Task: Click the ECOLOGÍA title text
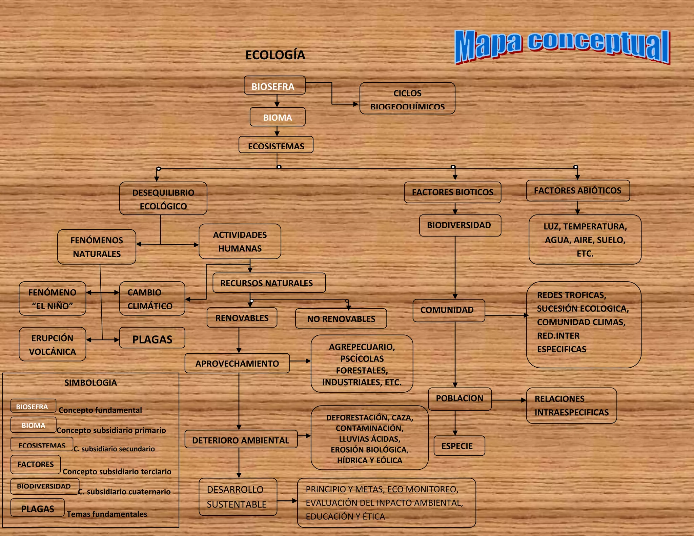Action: tap(275, 55)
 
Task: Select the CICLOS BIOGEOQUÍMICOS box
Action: tap(407, 99)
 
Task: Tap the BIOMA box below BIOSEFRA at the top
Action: tap(278, 117)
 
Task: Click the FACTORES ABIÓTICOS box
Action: tap(578, 190)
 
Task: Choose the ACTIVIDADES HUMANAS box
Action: tap(240, 241)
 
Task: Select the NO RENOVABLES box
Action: tap(341, 318)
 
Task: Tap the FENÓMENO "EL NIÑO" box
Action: tap(53, 298)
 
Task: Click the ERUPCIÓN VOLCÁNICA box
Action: tap(53, 344)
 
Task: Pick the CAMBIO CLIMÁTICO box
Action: tap(152, 298)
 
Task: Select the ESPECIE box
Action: tap(459, 446)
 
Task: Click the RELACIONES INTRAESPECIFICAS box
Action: tap(571, 406)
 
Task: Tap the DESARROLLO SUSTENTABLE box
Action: tap(238, 497)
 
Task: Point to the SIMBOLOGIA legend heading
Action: tap(90, 383)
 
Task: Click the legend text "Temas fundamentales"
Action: tap(107, 514)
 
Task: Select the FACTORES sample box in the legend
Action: tap(36, 464)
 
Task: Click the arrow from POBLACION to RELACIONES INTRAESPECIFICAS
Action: tap(509, 400)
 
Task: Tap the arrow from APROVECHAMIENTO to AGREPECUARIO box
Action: tap(300, 361)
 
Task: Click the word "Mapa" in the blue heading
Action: tap(488, 46)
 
